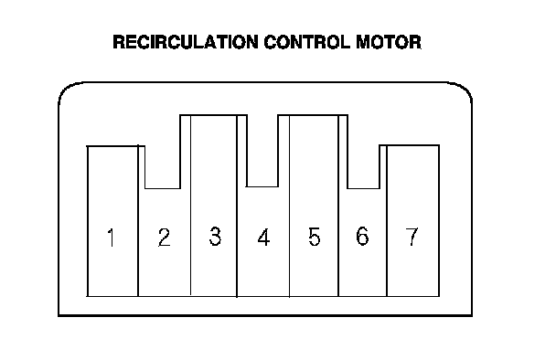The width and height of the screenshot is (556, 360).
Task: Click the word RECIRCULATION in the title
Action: coord(186,42)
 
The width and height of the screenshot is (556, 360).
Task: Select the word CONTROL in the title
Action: coord(307,42)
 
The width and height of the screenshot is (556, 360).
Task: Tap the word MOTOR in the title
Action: coord(389,42)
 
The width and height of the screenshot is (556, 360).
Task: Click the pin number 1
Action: coord(111,238)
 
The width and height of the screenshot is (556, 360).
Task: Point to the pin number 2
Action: coord(165,238)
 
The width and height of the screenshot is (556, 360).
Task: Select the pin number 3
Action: coord(215,237)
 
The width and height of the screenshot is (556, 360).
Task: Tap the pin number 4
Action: coord(263,238)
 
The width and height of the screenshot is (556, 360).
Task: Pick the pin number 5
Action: coord(315,237)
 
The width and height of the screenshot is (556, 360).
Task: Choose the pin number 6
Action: coord(362,236)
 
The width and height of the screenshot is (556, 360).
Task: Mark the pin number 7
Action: coord(412,237)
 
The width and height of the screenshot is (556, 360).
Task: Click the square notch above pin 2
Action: coord(163,188)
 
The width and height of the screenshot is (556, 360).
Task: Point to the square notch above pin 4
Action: coord(262,186)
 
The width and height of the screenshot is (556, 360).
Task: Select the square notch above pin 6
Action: coord(363,188)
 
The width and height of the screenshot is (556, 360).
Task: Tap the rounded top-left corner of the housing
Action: coord(66,90)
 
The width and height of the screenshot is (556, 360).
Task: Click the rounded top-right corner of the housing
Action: coord(465,90)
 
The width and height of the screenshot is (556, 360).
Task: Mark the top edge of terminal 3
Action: coord(213,115)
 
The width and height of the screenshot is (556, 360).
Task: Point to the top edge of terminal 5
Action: coord(313,115)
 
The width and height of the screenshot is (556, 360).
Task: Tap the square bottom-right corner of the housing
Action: coord(472,315)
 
